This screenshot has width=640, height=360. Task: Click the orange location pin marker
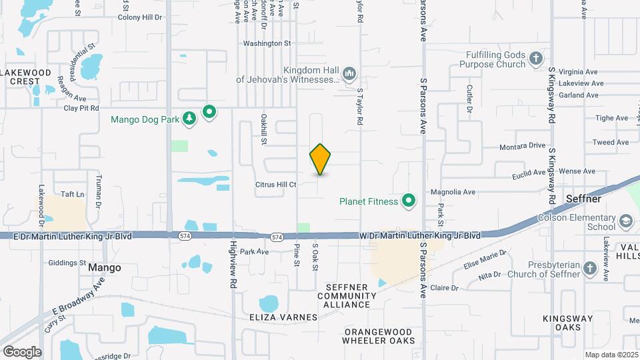(321, 159)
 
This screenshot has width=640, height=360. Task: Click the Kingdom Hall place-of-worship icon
(349, 73)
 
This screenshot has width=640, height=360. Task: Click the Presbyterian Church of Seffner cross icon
(589, 268)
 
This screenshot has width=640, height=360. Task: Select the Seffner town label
(583, 199)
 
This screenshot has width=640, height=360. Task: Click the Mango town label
(105, 267)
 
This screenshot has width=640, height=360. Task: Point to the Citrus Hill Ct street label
(275, 185)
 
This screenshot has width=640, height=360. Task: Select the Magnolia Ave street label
(453, 192)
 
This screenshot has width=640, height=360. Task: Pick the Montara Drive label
(523, 145)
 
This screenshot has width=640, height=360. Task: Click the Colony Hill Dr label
(140, 17)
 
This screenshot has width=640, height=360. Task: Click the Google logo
(21, 351)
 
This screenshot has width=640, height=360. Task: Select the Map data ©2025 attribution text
(611, 355)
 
